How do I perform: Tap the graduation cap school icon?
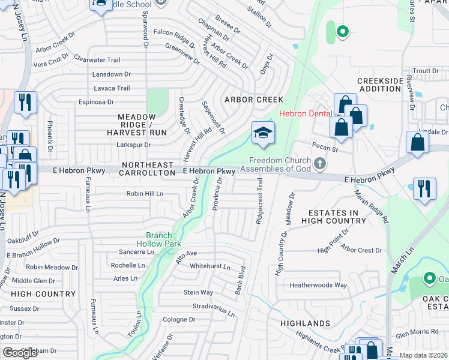pyautogui.click(x=263, y=133)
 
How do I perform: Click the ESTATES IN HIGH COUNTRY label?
pyautogui.click(x=336, y=217)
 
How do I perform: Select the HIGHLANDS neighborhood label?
pyautogui.click(x=305, y=323)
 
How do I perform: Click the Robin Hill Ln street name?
pyautogui.click(x=145, y=194)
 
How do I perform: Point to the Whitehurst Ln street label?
pyautogui.click(x=210, y=266)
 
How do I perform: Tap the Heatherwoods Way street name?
pyautogui.click(x=318, y=285)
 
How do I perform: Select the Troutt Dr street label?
pyautogui.click(x=426, y=71)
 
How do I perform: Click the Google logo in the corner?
pyautogui.click(x=20, y=353)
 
